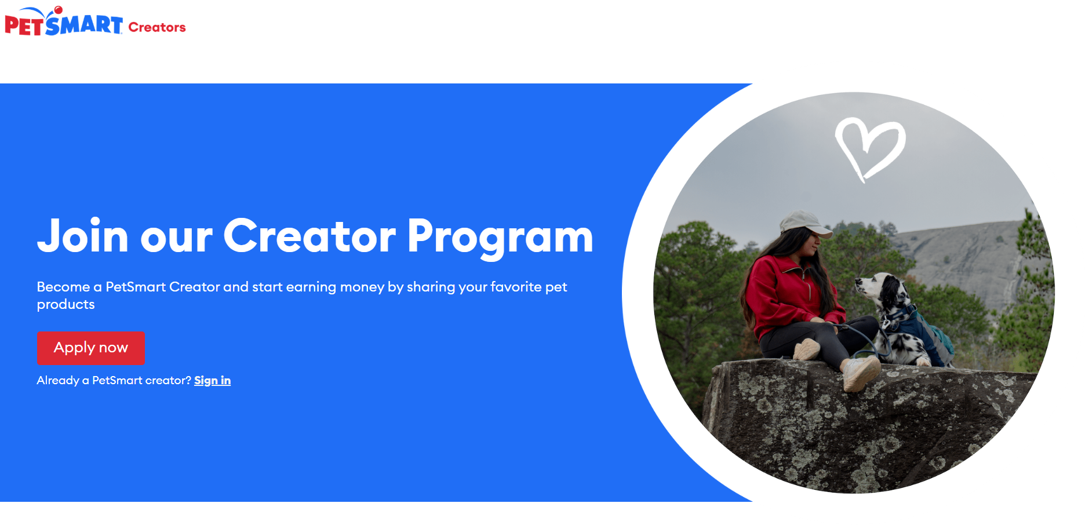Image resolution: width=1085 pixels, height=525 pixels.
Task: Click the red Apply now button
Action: pos(90,348)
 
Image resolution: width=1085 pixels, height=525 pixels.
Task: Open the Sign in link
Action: pos(212,381)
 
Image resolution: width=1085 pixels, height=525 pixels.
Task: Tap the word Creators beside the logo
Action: pos(157,27)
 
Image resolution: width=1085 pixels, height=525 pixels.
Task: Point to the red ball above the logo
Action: pos(58,10)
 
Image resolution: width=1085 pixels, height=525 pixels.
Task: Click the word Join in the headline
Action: pos(83,236)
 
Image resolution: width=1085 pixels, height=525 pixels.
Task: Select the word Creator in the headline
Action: pos(310,236)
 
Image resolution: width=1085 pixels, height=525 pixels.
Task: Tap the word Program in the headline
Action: pos(501,237)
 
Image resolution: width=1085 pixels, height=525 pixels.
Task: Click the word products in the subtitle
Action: pos(65,305)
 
